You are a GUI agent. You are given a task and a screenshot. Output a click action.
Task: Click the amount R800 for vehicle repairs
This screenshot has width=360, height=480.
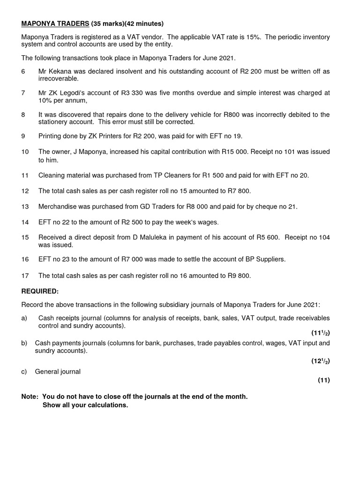[x=235, y=115]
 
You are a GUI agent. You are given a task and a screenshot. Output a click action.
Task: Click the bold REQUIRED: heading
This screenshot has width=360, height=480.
[x=40, y=291]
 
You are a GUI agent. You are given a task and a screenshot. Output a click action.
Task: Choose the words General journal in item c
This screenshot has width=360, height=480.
[x=58, y=372]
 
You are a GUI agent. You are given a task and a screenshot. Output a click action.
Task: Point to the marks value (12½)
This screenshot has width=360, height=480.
[x=321, y=361]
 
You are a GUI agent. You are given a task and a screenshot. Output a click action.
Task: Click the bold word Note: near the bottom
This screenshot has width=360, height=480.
[x=30, y=397]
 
